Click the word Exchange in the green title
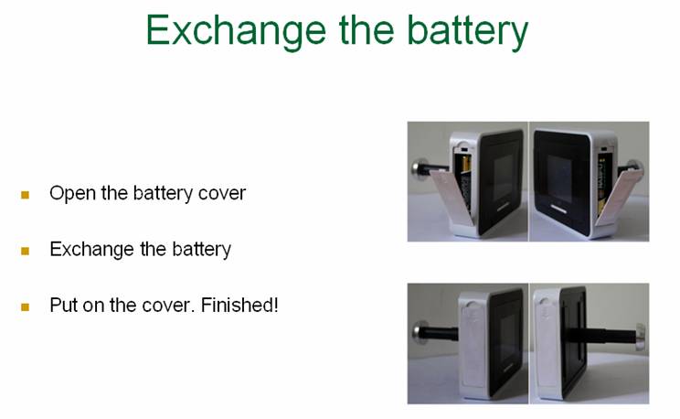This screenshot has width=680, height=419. click(237, 31)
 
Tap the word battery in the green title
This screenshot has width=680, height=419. click(468, 31)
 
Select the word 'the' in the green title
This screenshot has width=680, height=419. click(367, 29)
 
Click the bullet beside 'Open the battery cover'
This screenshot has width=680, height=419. click(26, 195)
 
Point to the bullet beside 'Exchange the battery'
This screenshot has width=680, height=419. click(26, 251)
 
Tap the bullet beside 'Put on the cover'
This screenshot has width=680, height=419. click(26, 307)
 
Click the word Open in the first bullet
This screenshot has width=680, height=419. click(72, 194)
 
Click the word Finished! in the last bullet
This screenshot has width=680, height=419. click(239, 305)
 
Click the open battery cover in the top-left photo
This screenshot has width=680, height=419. click(451, 197)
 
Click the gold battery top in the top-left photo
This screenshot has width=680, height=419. click(466, 164)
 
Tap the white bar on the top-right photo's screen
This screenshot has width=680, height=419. click(558, 209)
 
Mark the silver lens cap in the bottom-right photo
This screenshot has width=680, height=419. click(641, 336)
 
